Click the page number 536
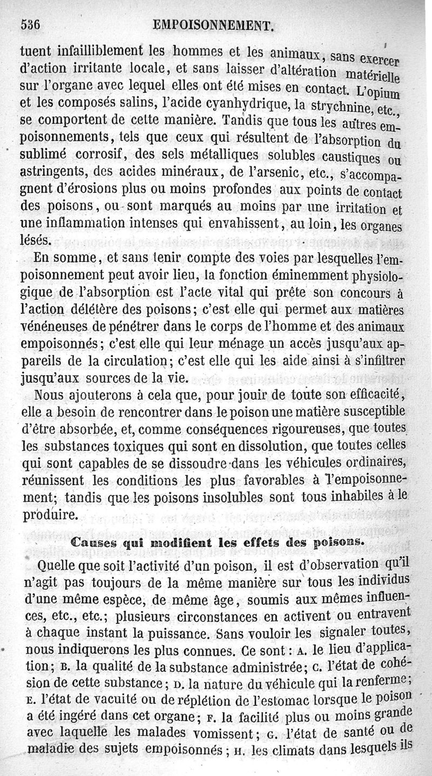click(x=31, y=24)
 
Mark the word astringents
click(x=57, y=173)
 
